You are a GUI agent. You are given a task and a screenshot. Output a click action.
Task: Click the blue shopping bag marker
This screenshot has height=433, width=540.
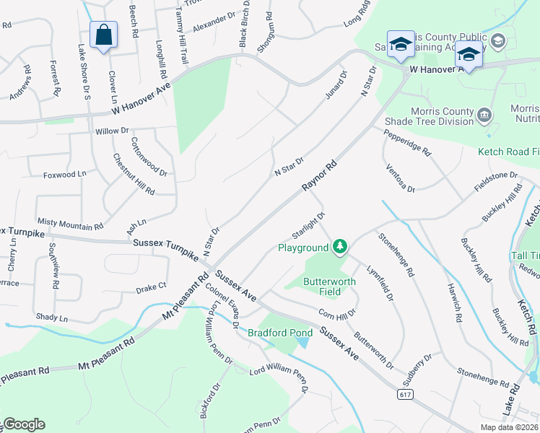[103, 35]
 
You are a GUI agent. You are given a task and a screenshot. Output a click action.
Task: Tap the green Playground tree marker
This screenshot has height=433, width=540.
[339, 248]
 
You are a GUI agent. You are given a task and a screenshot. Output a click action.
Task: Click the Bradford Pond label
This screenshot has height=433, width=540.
[279, 333]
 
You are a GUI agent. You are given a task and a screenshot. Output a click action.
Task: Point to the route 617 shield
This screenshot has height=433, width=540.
[405, 394]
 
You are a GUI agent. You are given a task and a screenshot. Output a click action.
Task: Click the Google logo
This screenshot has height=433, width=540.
[23, 424]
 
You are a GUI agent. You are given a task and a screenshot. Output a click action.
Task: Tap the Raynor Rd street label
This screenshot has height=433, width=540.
[320, 176]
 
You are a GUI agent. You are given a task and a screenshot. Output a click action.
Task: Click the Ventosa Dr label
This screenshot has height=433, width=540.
[401, 178]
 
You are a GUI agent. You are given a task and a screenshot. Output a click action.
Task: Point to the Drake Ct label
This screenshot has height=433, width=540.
[151, 287]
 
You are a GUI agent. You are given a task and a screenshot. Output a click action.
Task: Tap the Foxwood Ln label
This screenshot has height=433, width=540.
[64, 174]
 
